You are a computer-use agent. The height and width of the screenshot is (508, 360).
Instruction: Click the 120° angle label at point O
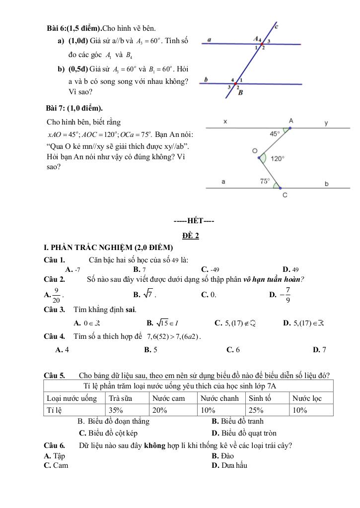click(278, 158)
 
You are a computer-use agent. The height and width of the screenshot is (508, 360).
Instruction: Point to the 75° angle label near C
click(266, 182)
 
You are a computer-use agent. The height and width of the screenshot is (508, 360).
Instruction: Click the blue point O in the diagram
click(259, 158)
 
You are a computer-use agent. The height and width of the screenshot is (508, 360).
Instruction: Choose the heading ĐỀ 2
click(190, 236)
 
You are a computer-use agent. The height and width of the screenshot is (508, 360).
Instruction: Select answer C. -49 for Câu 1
click(211, 269)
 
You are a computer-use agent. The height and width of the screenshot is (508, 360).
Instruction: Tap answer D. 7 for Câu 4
click(320, 350)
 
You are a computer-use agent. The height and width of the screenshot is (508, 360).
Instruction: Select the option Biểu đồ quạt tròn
click(244, 433)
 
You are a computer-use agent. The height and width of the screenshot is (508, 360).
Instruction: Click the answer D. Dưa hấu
click(229, 465)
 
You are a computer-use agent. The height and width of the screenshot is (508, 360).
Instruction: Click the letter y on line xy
click(326, 123)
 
